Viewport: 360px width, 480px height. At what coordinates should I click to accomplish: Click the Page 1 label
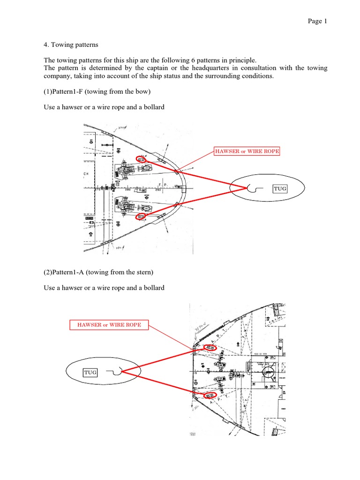coord(317,21)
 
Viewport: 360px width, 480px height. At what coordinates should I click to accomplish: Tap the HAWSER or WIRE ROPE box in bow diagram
coord(247,151)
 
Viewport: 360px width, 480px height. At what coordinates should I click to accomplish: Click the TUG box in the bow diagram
coord(280,189)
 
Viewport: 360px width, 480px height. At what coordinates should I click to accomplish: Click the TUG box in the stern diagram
coord(90,373)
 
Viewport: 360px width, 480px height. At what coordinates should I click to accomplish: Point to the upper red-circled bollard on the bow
coord(141,159)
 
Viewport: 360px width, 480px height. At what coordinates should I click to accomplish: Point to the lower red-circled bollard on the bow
coord(141,217)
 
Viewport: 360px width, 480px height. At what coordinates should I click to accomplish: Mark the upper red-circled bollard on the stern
coord(210,348)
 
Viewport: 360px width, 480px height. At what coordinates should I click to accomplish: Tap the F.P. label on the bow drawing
coord(163,185)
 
